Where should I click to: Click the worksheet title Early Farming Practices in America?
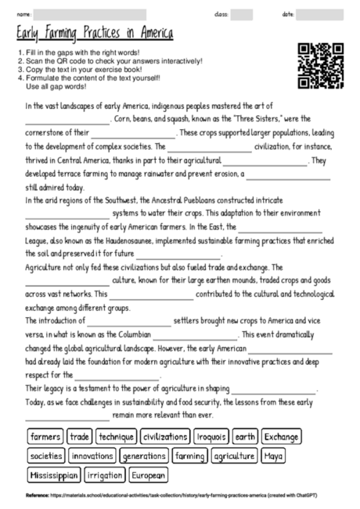pos(95,34)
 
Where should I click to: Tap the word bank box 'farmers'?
pos(45,436)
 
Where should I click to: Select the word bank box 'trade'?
pos(80,436)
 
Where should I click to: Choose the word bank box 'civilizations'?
pos(165,436)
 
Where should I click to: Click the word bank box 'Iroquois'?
pos(211,436)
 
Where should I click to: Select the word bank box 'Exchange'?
pos(281,436)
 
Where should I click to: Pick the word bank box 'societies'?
pos(47,455)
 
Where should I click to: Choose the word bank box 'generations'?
pos(145,455)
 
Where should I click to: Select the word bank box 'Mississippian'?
pos(54,474)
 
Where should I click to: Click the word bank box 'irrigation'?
pos(105,474)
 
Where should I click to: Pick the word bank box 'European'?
pos(149,474)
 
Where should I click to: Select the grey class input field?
pos(241,13)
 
